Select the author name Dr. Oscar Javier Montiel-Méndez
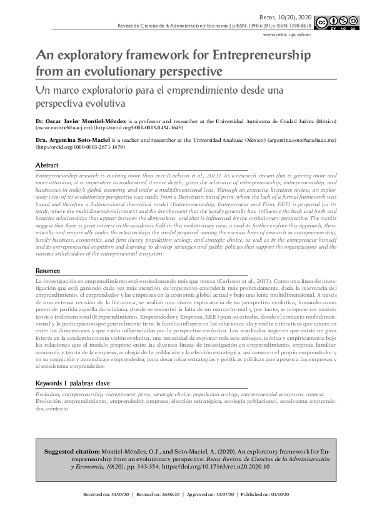click(x=77, y=120)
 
